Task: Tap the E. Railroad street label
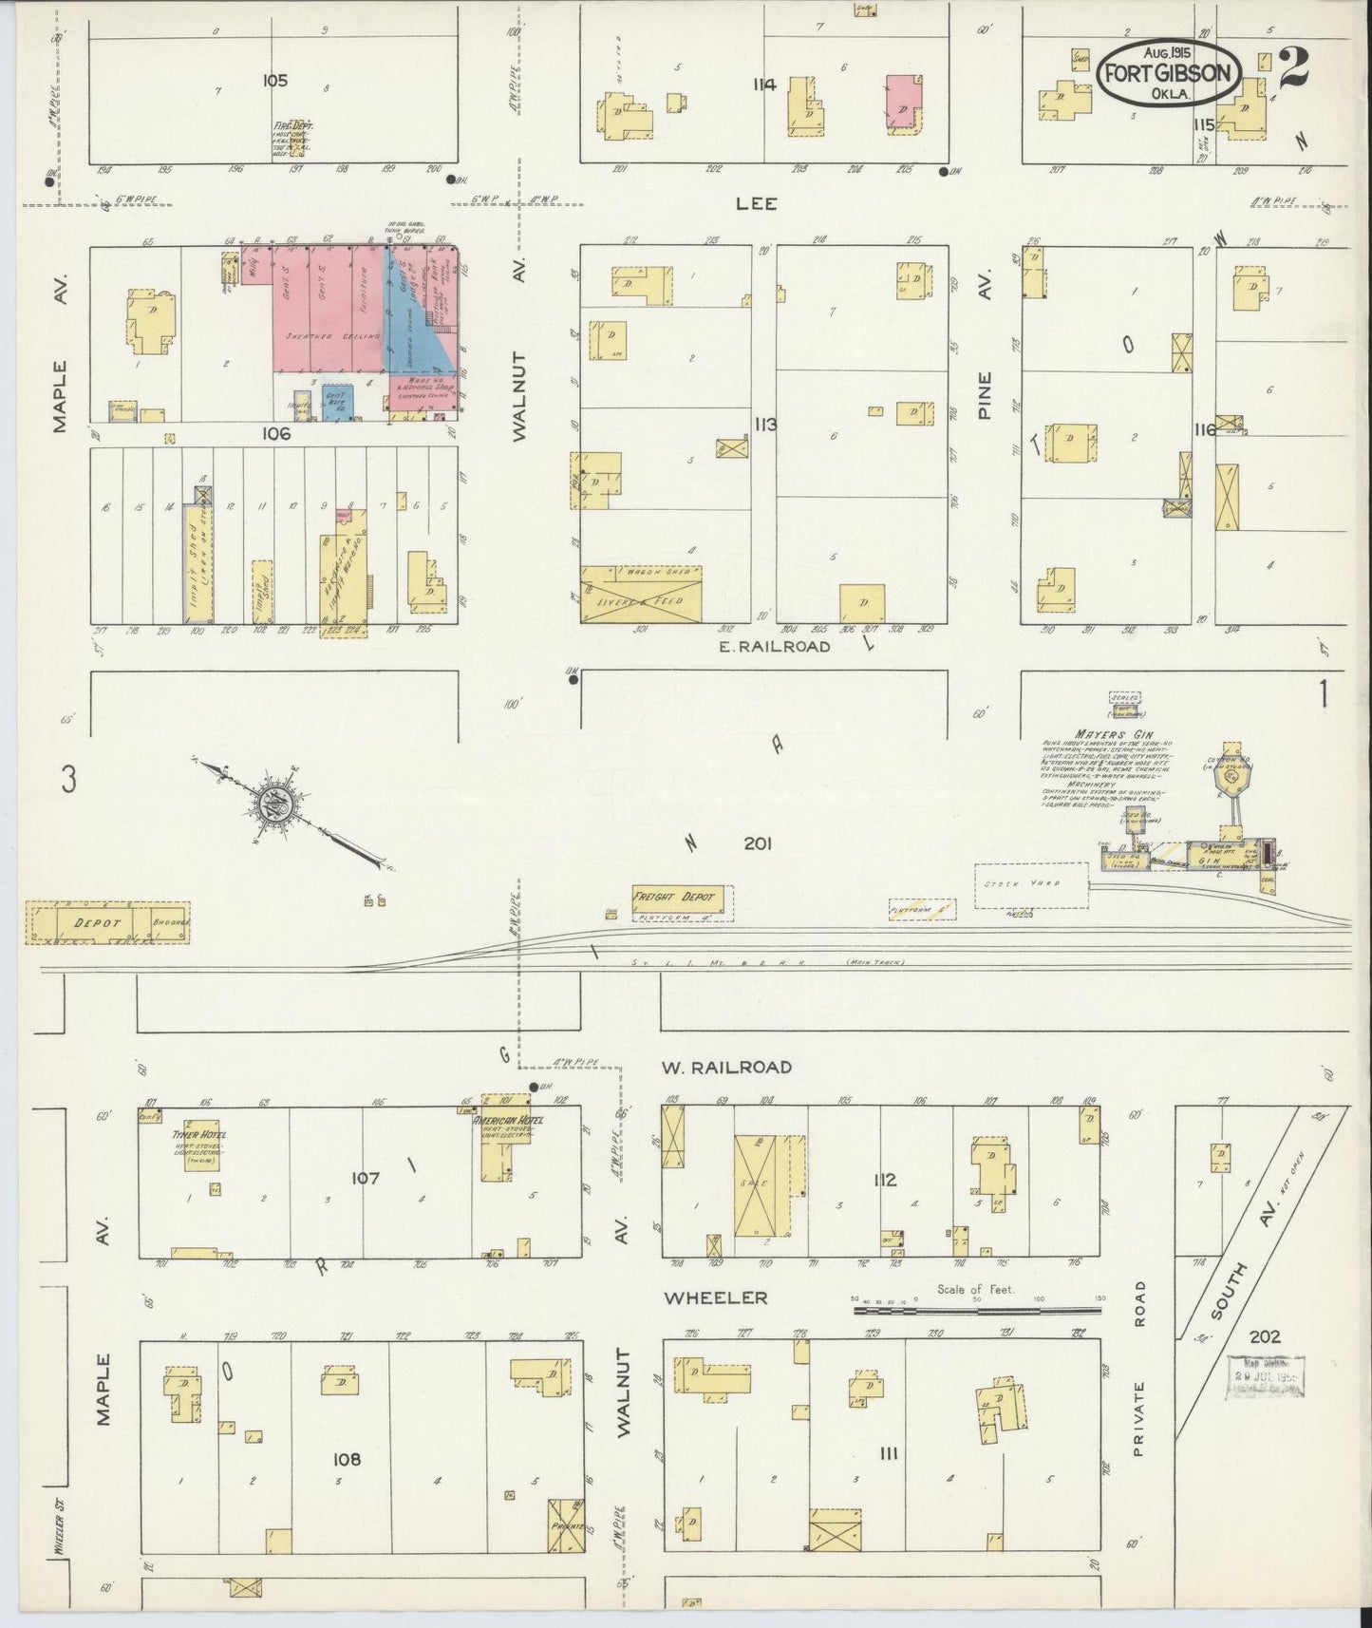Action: tap(775, 646)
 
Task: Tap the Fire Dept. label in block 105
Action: tap(293, 125)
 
